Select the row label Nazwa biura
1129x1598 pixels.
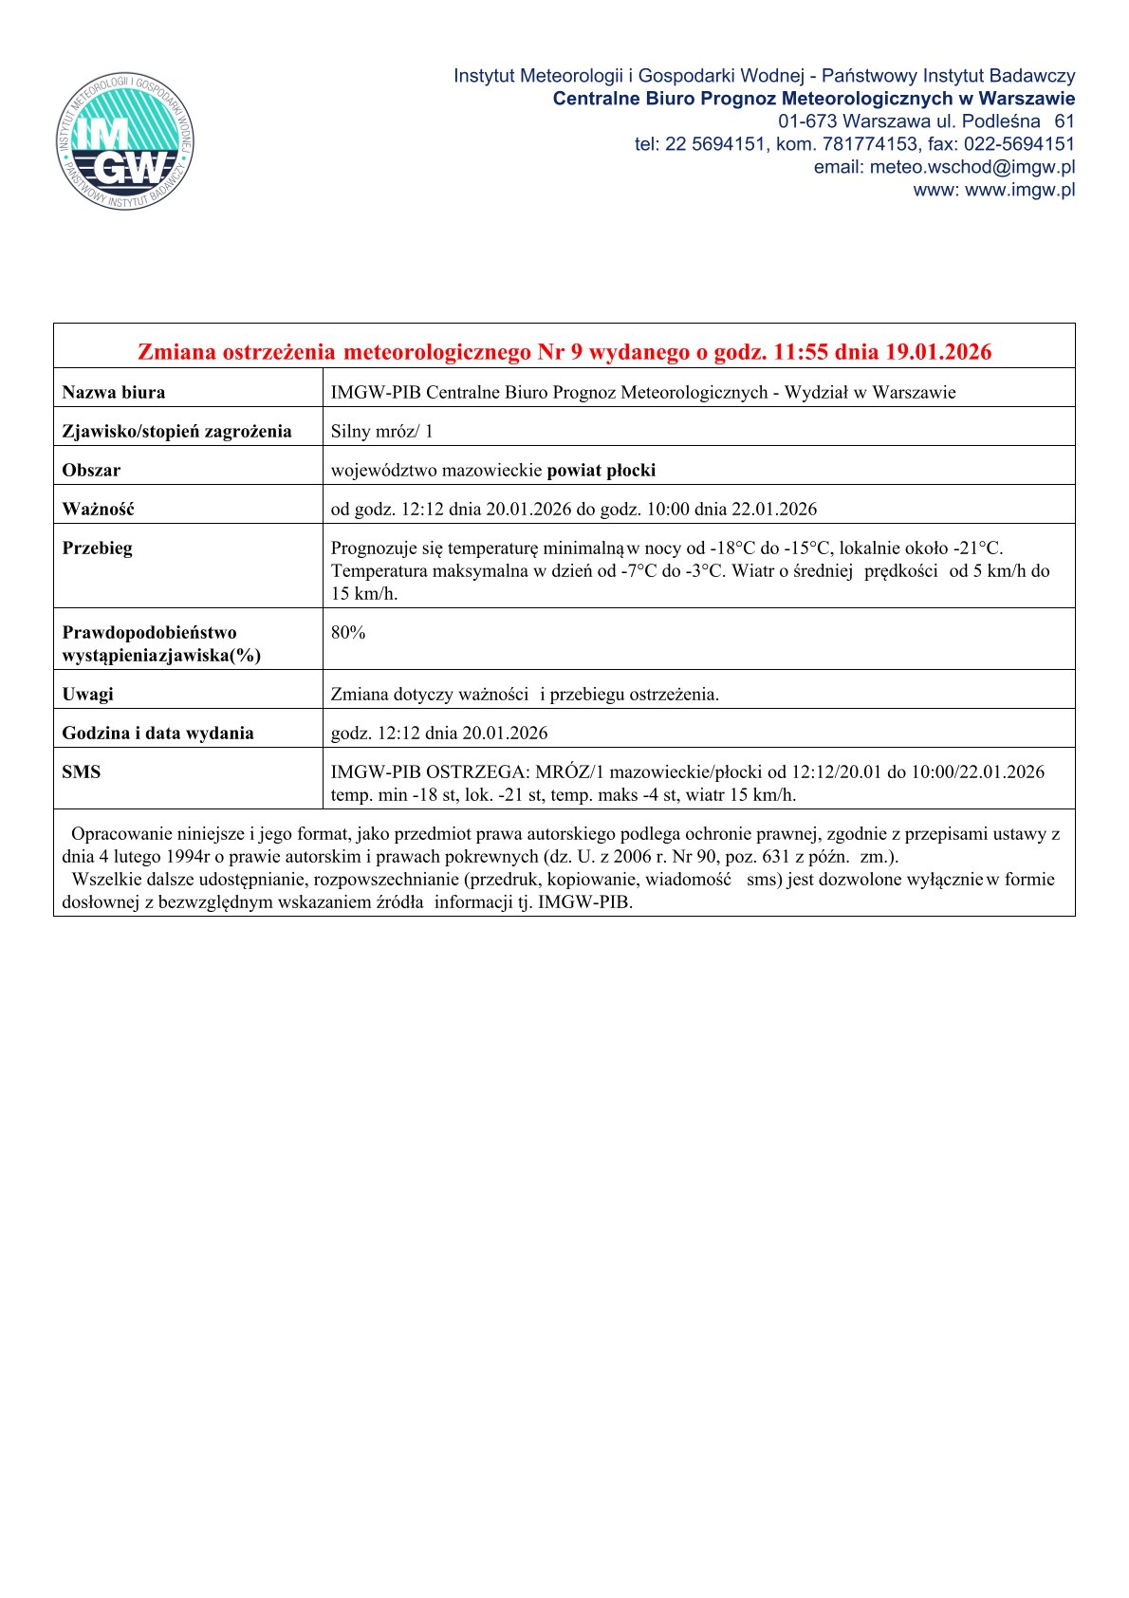[x=113, y=392]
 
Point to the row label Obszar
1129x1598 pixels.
[x=91, y=470]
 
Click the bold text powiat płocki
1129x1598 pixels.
[x=602, y=470]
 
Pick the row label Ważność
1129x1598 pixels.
[x=98, y=509]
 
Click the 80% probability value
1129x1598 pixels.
[x=348, y=632]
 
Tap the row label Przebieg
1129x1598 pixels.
[x=97, y=548]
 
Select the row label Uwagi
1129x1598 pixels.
[x=87, y=694]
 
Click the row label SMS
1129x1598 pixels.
[x=81, y=771]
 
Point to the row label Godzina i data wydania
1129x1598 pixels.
[x=157, y=733]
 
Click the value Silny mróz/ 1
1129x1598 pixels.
[x=381, y=431]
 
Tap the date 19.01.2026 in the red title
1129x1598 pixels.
[x=938, y=352]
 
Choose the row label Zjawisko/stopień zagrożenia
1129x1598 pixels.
[x=176, y=431]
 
